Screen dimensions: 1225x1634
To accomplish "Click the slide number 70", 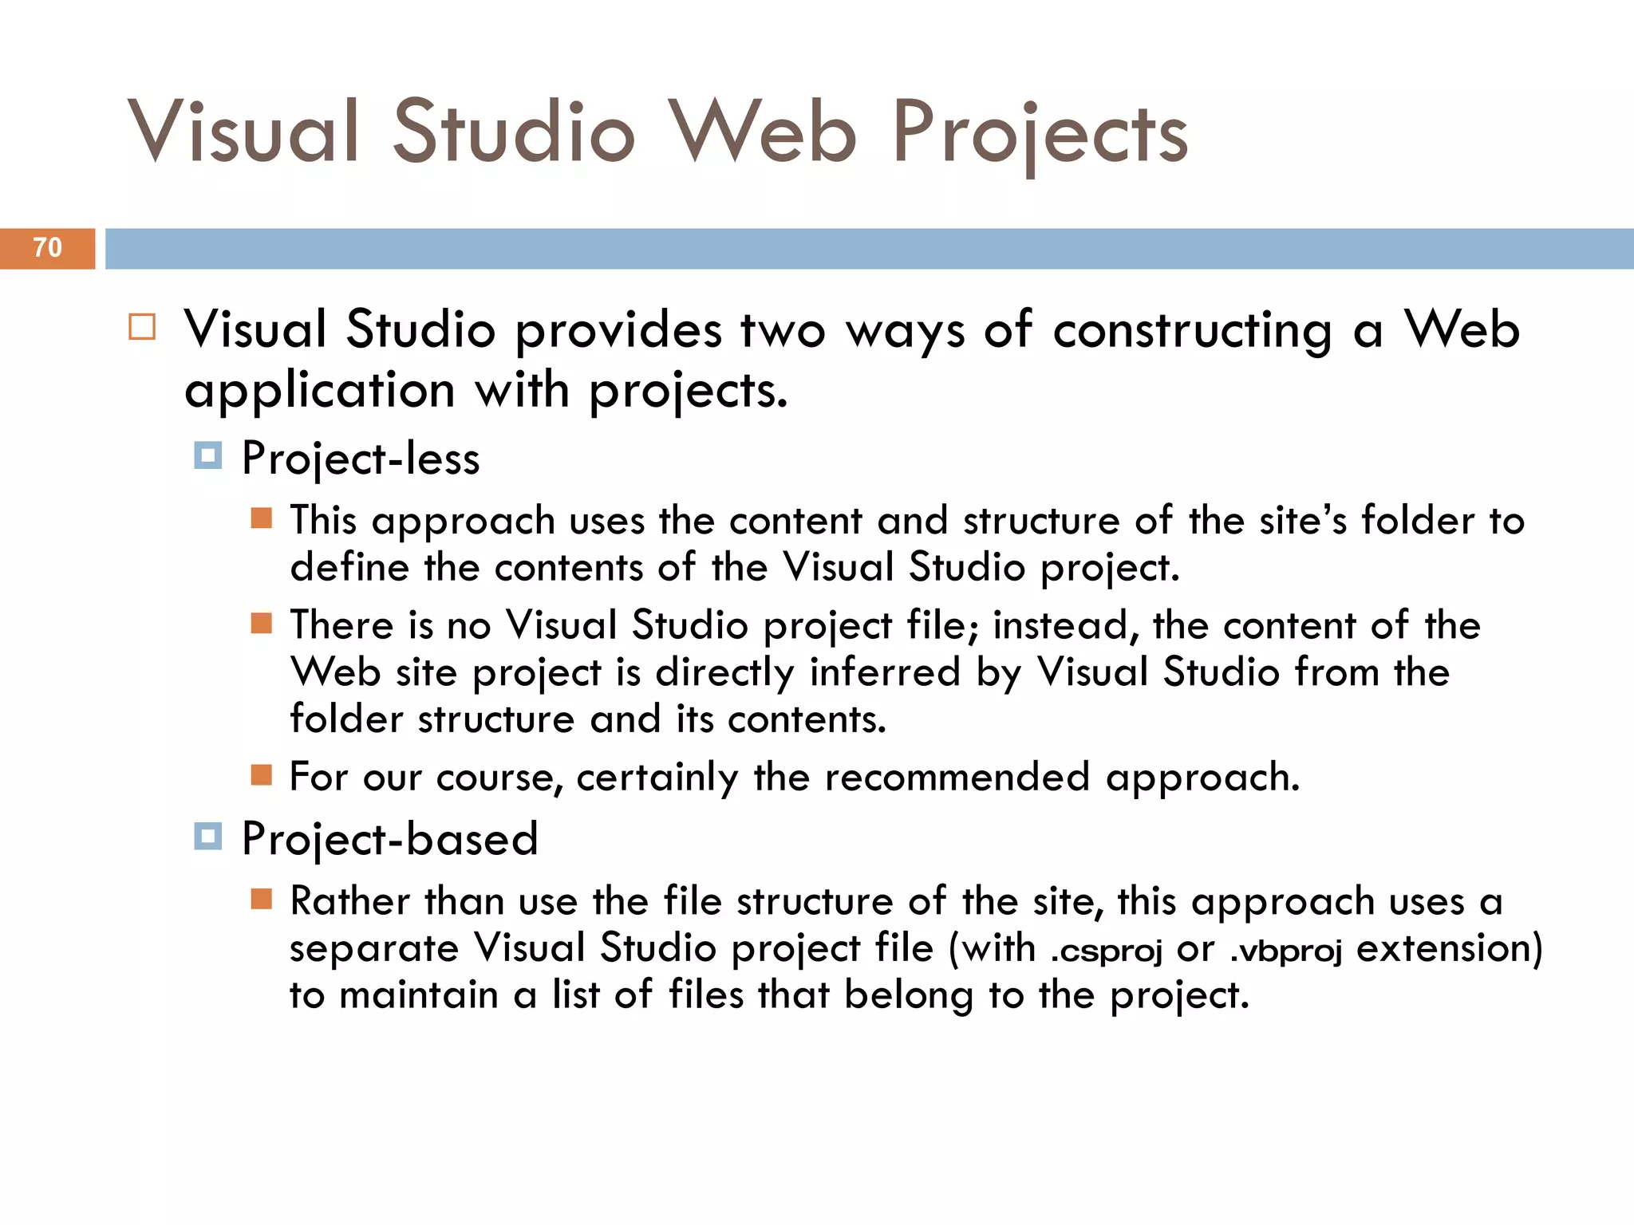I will (x=47, y=248).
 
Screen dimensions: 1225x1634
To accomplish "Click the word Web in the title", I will (x=762, y=132).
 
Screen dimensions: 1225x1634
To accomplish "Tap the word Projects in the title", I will (x=1040, y=133).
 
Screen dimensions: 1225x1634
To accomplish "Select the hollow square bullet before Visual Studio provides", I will (x=142, y=328).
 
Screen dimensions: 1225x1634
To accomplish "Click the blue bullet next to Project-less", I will (x=208, y=456).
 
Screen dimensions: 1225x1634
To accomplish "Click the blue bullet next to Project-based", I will (x=208, y=837).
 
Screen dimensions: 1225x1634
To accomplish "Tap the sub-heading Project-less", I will (x=361, y=459).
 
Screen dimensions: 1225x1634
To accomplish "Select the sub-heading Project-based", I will (x=390, y=839).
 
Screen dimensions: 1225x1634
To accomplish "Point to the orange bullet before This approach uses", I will (x=262, y=519).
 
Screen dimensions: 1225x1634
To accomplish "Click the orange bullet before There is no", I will (x=262, y=623).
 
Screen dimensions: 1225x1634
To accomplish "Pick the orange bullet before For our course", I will (x=262, y=775).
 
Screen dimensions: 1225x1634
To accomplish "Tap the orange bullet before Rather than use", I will (x=262, y=900).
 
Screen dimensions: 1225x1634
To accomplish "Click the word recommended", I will (x=957, y=777).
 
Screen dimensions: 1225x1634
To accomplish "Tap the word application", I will (x=320, y=391).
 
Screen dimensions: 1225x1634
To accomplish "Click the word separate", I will (x=374, y=949).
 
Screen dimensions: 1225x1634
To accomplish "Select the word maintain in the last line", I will (x=418, y=995).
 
